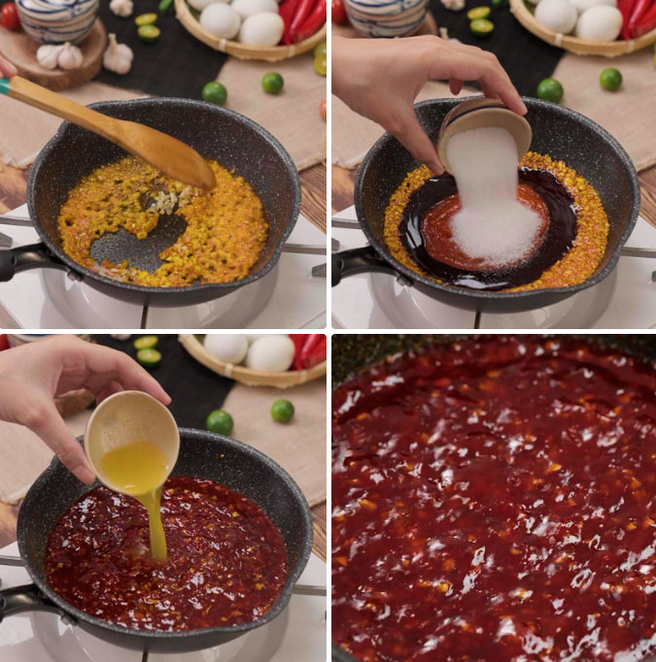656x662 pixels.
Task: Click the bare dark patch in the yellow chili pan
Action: [x=136, y=247]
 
